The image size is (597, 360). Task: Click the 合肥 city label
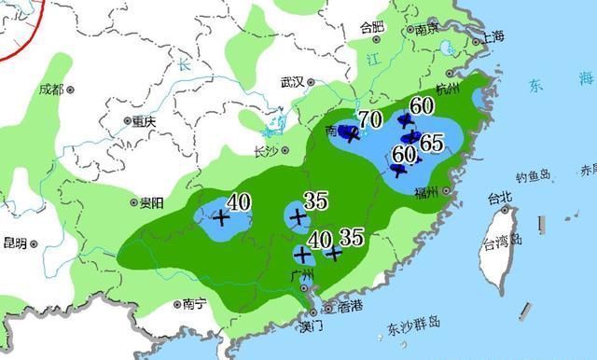[371, 27]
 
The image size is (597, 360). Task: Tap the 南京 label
[427, 29]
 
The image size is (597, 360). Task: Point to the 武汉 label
[293, 82]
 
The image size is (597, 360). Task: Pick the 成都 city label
[51, 90]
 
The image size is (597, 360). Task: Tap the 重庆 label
[143, 121]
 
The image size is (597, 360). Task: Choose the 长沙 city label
[266, 151]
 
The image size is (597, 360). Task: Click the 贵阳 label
[151, 202]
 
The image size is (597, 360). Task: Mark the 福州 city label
[433, 193]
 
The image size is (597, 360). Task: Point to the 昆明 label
[14, 243]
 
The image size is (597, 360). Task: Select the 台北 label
[500, 198]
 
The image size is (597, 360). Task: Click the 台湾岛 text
[503, 244]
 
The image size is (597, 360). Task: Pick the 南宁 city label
[194, 303]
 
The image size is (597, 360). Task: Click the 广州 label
[302, 274]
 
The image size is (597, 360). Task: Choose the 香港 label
[350, 307]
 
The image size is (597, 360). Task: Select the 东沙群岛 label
[414, 326]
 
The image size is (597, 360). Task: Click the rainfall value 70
[368, 119]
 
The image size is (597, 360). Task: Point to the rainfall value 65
[431, 144]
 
